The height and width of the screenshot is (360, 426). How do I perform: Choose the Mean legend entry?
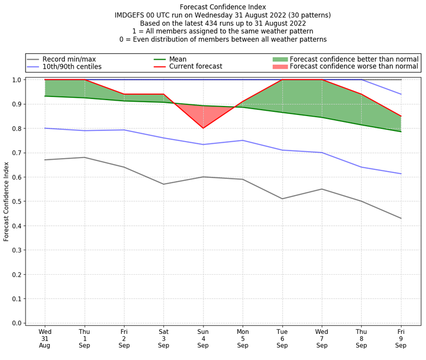tap(178, 59)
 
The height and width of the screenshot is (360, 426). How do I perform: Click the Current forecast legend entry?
tap(195, 67)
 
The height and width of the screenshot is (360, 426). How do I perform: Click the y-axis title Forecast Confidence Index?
tap(7, 201)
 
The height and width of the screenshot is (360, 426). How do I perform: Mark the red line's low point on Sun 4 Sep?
tap(203, 128)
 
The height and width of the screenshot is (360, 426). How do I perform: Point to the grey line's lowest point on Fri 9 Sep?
tap(401, 218)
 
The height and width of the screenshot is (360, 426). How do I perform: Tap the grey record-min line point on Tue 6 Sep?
tap(282, 199)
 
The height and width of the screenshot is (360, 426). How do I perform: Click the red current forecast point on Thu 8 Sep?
tap(362, 94)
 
